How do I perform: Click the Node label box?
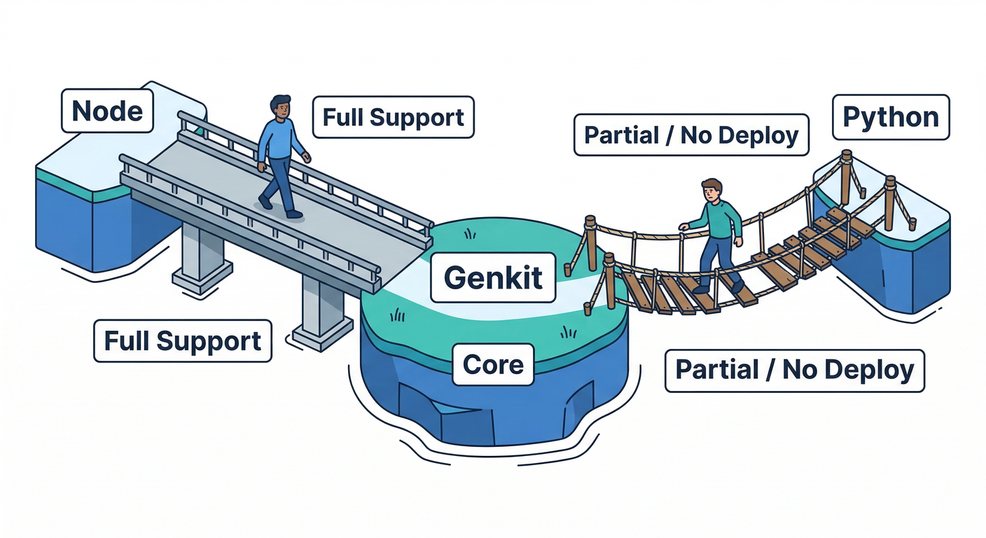(107, 111)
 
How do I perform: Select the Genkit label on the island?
(493, 277)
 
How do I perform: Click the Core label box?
(493, 364)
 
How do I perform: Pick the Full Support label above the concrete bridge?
(393, 117)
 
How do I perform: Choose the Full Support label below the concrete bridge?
(182, 341)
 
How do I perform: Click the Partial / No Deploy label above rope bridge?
(690, 134)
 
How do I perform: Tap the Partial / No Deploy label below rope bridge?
(793, 369)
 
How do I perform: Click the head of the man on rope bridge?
(711, 190)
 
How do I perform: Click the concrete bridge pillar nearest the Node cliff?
(202, 256)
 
